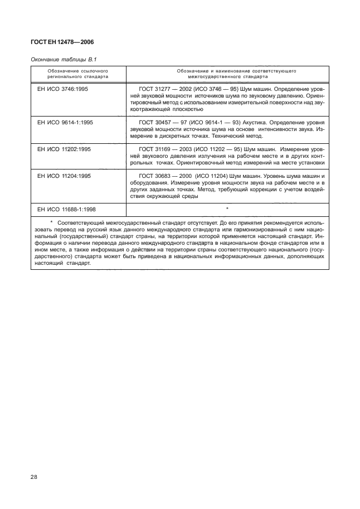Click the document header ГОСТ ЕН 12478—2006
coord(61,41)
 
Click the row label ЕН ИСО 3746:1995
coord(64,89)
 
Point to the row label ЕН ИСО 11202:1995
coord(65,149)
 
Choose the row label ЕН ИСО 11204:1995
coord(65,176)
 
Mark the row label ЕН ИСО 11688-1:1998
coord(67,209)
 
